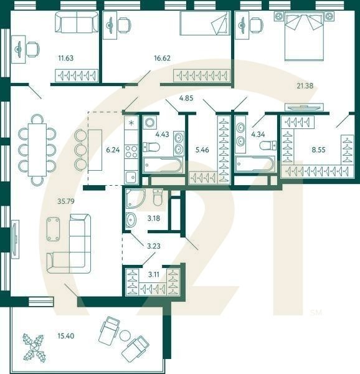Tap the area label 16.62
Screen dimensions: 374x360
pyautogui.click(x=163, y=59)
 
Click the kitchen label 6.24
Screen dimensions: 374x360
pyautogui.click(x=113, y=150)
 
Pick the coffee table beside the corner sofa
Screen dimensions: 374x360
pyautogui.click(x=54, y=229)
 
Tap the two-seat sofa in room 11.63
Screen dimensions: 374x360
pyautogui.click(x=76, y=24)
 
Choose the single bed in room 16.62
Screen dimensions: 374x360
pyautogui.click(x=205, y=25)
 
